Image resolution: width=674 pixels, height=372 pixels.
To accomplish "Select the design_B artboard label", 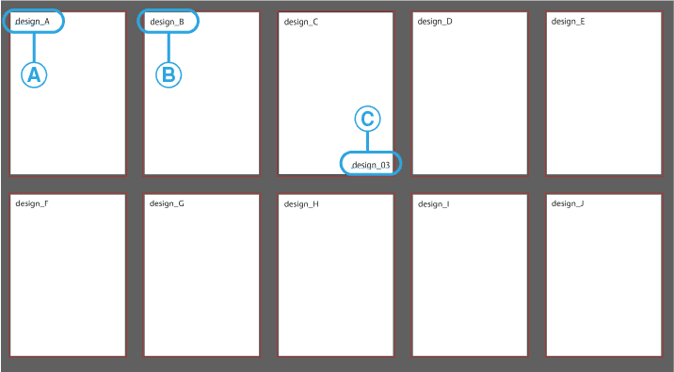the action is point(167,21).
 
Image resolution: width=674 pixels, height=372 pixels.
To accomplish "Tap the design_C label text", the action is point(300,21).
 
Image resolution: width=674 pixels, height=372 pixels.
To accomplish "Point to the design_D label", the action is point(435,21).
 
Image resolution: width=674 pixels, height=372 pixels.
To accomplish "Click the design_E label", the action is point(568,21).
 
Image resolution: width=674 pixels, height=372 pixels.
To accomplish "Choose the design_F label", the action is point(32,203).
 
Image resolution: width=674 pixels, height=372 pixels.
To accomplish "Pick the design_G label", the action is point(167,203).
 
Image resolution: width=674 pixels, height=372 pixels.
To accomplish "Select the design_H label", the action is point(301,203).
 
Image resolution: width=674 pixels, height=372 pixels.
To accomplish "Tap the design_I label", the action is point(433,203).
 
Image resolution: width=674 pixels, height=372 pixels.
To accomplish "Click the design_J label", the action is point(567,203).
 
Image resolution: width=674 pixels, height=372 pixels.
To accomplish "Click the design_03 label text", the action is point(371,165).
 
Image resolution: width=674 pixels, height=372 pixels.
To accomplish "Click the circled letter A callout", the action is point(34,75).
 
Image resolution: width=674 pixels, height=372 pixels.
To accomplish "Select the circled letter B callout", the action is point(168,75).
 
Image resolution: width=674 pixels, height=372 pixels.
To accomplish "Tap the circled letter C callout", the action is point(368,119).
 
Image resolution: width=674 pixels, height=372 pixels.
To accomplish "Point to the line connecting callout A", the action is point(34,47).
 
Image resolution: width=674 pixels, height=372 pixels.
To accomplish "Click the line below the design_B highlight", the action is point(168,47).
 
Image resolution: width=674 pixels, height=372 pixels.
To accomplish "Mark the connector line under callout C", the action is point(368,141).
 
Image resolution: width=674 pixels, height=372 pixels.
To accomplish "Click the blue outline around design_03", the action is point(399,164).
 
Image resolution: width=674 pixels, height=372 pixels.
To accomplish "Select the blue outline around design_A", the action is point(63,21).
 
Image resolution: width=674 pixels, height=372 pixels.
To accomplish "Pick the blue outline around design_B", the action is point(198,21).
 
